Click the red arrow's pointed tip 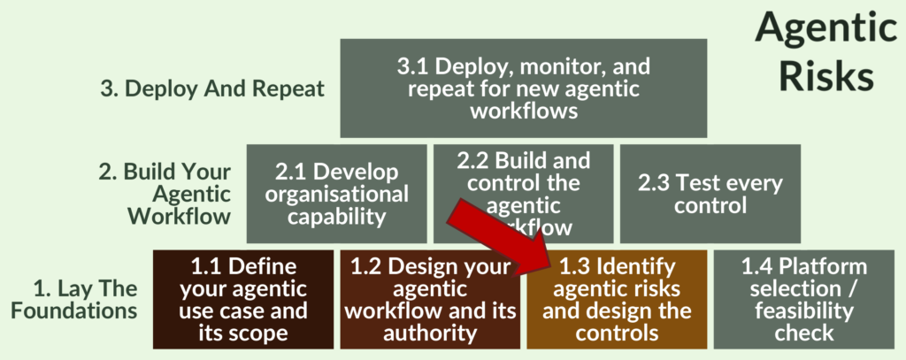click(x=549, y=265)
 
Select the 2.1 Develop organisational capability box click(x=336, y=194)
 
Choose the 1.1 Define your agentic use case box click(x=243, y=299)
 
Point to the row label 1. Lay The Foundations click(x=86, y=300)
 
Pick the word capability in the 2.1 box click(x=336, y=217)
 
